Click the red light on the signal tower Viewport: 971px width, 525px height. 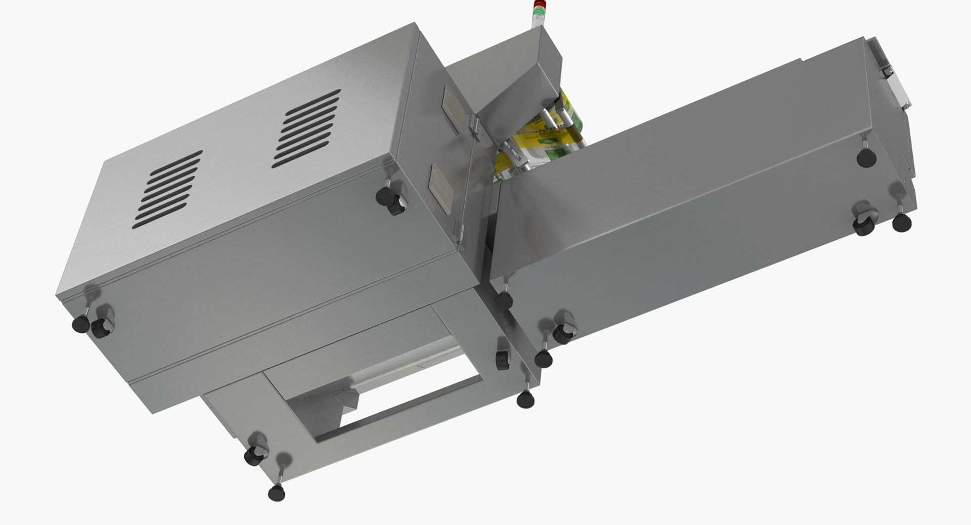[537, 6]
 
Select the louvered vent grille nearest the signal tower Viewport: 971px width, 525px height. [307, 128]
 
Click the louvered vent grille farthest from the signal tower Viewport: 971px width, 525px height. [168, 188]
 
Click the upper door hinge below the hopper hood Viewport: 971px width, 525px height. [474, 127]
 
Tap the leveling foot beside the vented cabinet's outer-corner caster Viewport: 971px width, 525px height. [79, 324]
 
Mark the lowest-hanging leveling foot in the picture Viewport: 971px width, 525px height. [276, 492]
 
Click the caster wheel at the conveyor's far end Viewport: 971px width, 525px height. [864, 223]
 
